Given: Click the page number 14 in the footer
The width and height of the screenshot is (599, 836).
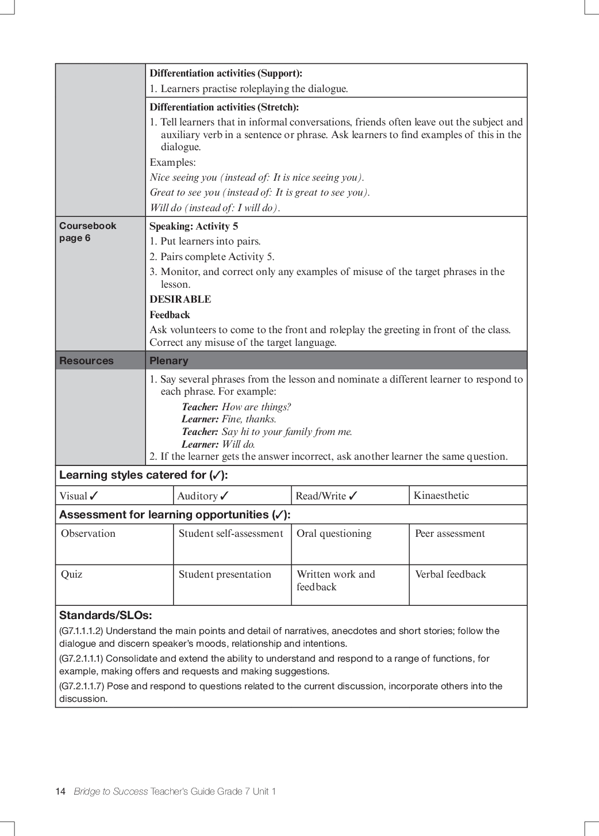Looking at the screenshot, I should click(60, 792).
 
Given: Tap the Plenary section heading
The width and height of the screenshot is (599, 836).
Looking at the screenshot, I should click(168, 361).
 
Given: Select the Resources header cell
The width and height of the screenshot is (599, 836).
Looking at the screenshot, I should click(86, 361).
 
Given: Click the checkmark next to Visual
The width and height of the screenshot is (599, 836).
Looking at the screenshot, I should click(94, 495).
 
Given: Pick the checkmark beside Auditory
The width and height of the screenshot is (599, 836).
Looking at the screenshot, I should click(224, 495).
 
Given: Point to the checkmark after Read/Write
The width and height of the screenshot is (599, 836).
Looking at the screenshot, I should click(353, 495).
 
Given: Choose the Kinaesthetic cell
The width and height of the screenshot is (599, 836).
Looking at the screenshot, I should click(441, 495).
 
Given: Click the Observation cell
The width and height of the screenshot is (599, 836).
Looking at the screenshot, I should click(88, 533).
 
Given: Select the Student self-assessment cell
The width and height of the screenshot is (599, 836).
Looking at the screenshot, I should click(231, 533).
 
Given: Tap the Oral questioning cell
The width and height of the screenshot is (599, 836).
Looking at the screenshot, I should click(333, 533).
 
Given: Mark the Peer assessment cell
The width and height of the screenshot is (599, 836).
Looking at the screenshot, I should click(450, 533).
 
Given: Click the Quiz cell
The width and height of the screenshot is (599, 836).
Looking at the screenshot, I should click(72, 574).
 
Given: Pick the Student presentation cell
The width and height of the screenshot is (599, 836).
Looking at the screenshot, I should click(225, 574).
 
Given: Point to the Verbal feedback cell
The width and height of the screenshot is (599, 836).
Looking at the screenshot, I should click(450, 574).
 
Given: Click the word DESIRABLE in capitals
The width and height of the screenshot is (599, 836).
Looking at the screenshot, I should click(180, 299).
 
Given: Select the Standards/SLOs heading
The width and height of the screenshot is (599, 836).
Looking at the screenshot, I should click(105, 615).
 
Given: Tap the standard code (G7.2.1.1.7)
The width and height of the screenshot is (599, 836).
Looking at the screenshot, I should click(81, 686).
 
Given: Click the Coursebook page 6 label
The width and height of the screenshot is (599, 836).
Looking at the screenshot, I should click(87, 232).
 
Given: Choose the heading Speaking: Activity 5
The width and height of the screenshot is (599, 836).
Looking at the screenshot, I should click(194, 226).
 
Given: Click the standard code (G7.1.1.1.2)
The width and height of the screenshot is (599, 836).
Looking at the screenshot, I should click(81, 631).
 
